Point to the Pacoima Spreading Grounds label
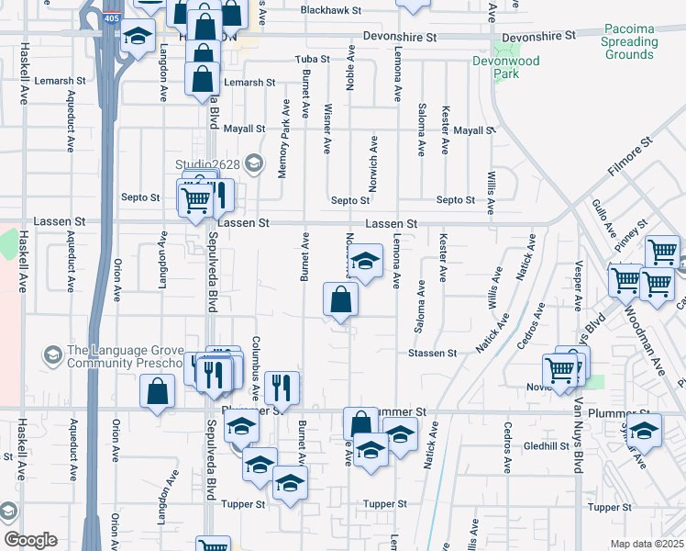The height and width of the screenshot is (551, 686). (629, 41)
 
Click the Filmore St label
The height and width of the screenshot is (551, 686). (628, 157)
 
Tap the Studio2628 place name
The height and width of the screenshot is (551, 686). (210, 164)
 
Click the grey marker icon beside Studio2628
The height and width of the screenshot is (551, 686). (256, 165)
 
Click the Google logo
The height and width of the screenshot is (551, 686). (31, 540)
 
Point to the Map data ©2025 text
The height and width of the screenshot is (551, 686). (647, 544)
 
